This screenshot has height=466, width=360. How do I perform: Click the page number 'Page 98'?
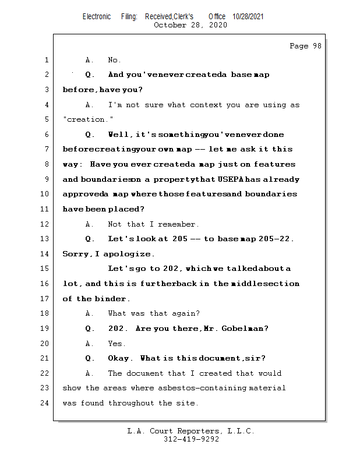pyautogui.click(x=305, y=46)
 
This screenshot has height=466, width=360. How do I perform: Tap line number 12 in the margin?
pyautogui.click(x=46, y=224)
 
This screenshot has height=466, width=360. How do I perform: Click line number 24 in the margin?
pyautogui.click(x=46, y=403)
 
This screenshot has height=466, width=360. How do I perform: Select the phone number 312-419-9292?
pyautogui.click(x=191, y=440)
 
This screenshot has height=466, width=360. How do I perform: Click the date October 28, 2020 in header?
pyautogui.click(x=190, y=25)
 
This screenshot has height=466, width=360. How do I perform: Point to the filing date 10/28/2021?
pyautogui.click(x=248, y=16)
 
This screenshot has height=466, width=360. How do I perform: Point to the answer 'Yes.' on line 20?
pyautogui.click(x=117, y=344)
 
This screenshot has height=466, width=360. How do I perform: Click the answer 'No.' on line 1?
pyautogui.click(x=115, y=60)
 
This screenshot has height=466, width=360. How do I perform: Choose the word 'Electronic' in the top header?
pyautogui.click(x=97, y=16)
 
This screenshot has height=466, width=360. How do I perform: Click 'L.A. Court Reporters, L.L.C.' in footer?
pyautogui.click(x=191, y=431)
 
